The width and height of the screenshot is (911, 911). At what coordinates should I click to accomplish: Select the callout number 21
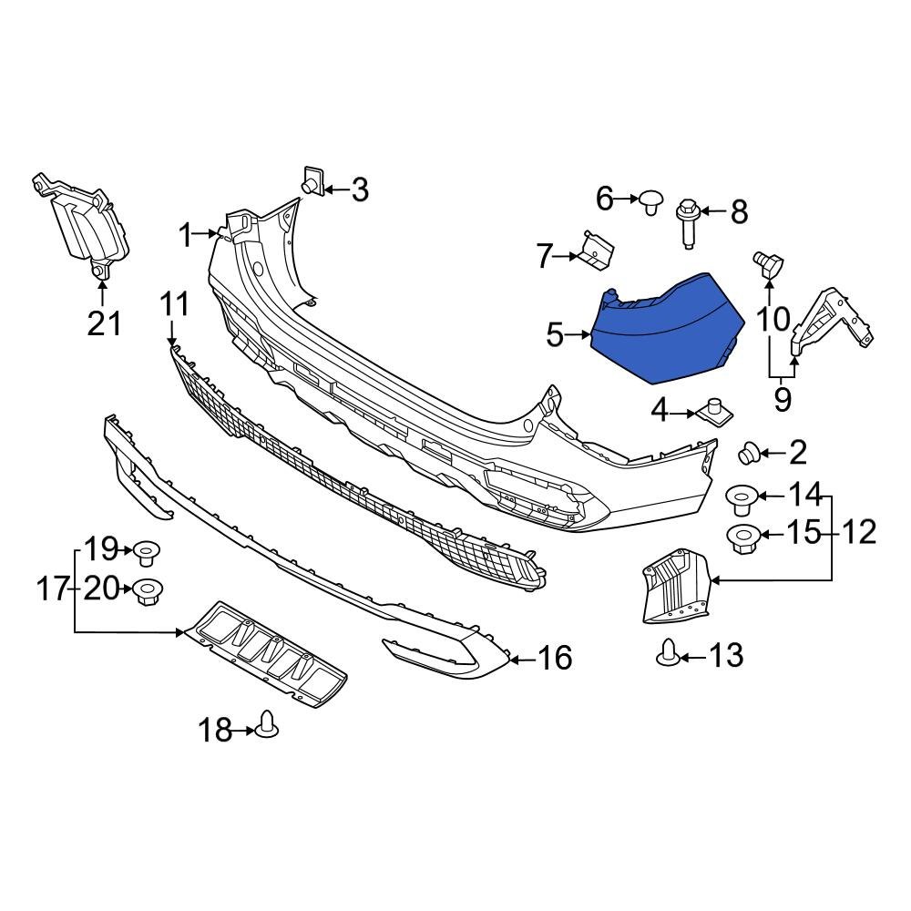click(x=103, y=322)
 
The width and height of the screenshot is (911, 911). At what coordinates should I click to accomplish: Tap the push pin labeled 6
click(x=650, y=200)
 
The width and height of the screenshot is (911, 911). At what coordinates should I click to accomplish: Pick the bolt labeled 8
click(x=687, y=222)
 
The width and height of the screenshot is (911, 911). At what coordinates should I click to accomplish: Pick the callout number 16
click(x=555, y=657)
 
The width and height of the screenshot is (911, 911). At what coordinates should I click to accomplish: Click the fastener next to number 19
click(x=146, y=552)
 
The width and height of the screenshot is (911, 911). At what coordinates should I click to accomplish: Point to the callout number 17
click(x=53, y=589)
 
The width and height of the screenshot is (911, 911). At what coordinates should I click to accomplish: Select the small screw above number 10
click(x=767, y=264)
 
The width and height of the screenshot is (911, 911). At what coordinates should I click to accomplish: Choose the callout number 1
click(x=186, y=237)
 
